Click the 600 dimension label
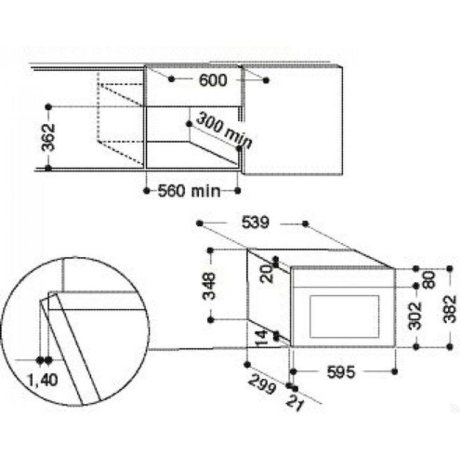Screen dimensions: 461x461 coord(211,80)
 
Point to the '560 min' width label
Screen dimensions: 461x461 coord(189,191)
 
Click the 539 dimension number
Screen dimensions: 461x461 coord(254,223)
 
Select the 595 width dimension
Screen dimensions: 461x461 coord(341,373)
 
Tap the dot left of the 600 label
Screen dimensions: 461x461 coord(171,79)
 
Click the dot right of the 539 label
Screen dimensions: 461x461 coord(306,224)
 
